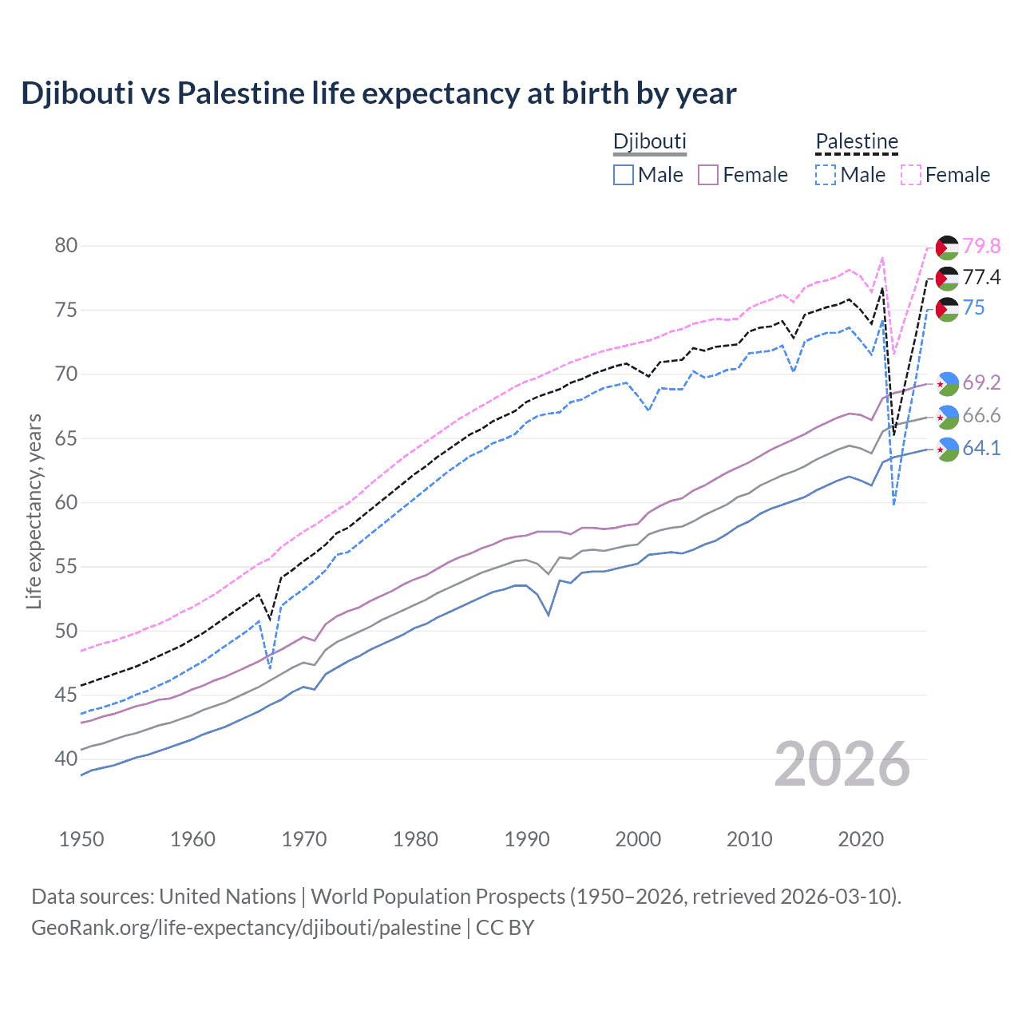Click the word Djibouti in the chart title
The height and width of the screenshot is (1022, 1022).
coord(77,93)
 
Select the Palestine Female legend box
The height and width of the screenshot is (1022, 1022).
coord(911,175)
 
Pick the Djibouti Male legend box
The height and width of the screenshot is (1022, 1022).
coord(624,175)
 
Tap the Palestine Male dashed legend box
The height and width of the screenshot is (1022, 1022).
coord(826,175)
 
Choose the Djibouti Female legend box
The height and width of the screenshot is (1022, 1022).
coord(708,175)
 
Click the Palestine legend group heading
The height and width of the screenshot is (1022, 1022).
coord(857,142)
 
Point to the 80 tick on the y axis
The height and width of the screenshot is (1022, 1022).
coord(66,245)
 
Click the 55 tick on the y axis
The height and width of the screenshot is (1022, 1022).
coord(66,567)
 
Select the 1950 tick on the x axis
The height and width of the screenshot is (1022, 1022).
coord(81,839)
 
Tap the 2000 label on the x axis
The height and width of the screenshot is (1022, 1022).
coord(638,839)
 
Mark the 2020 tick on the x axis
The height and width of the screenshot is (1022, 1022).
coord(861,839)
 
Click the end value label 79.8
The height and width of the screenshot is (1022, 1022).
coord(981,246)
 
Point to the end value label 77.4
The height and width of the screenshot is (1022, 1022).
coord(981,277)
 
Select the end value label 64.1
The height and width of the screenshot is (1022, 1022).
coord(981,448)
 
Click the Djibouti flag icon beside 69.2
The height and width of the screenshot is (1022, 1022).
coord(947,383)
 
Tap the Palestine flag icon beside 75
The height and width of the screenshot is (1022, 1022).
coord(947,309)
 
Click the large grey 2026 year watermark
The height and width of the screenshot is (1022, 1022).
coord(842,764)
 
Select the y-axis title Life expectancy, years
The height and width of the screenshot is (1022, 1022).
coord(34,511)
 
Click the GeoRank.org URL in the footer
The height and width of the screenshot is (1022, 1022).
coord(246,928)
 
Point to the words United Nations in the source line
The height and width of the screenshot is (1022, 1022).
coord(228,897)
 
